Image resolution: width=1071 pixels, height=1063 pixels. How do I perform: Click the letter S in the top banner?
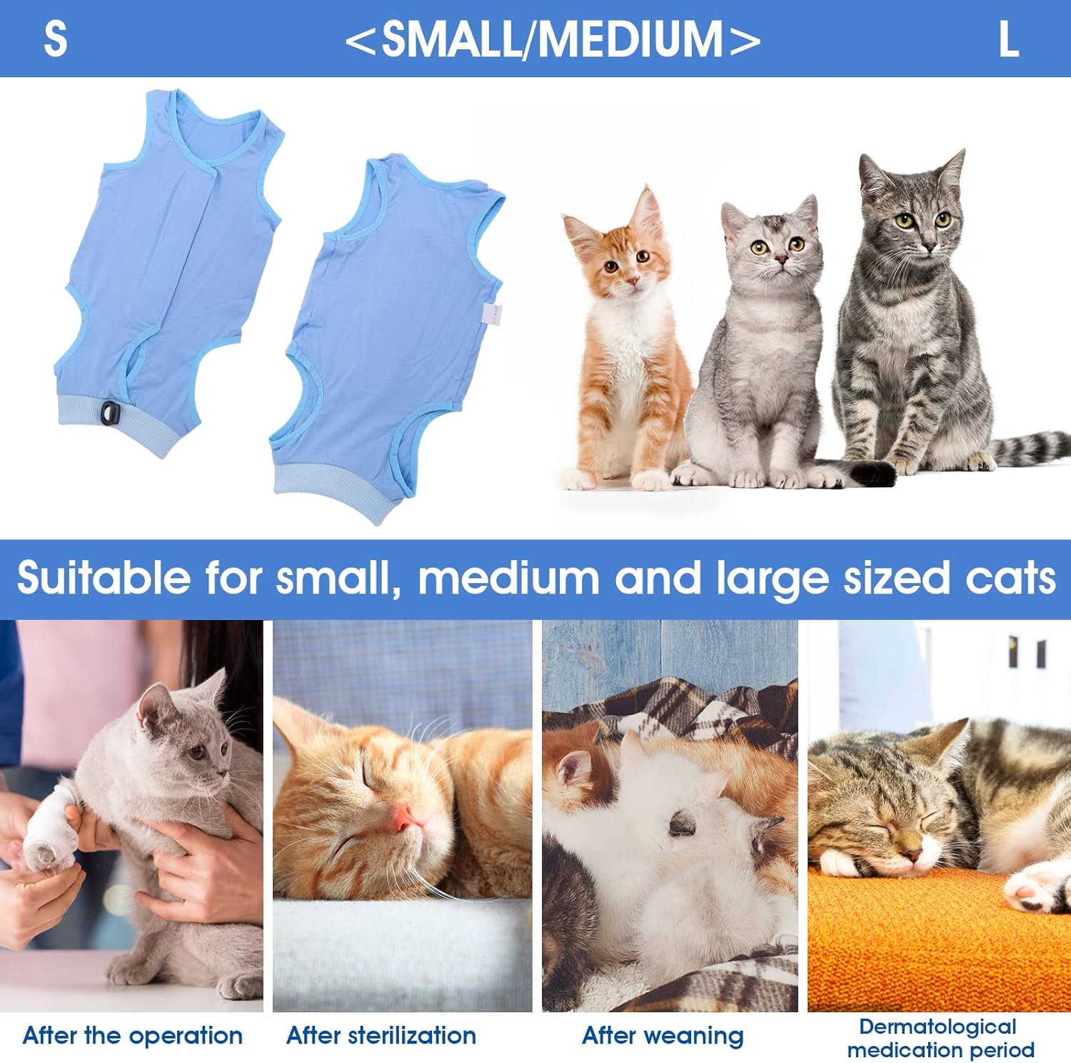coord(56,39)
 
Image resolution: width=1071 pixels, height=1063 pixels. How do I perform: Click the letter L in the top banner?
coord(1008,39)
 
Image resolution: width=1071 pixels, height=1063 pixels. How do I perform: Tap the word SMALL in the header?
coord(452,39)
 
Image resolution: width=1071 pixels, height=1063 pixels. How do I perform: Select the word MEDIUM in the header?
coord(631,39)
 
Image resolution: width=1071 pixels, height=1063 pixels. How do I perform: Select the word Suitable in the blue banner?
coord(104,577)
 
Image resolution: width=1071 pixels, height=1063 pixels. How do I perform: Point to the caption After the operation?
coord(133,1035)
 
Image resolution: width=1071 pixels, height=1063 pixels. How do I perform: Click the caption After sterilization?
coord(381,1035)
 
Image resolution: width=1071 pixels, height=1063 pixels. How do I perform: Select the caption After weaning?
coord(663,1036)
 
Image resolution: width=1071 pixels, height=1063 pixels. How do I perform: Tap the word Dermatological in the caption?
coord(937,1027)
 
